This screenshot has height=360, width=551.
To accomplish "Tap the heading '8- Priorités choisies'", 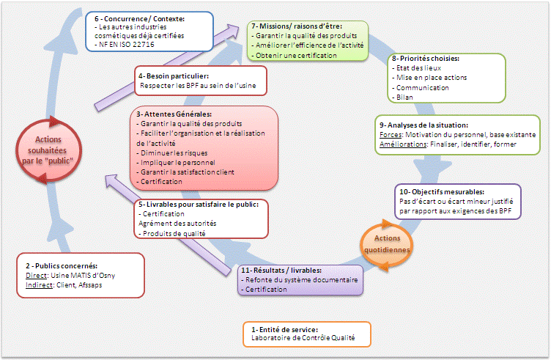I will tap(426, 58).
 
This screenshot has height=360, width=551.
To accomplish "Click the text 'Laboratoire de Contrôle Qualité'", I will tap(302, 338).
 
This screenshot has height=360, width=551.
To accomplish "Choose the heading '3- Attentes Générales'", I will tap(174, 114).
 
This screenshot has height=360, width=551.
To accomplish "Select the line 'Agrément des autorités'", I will tap(177, 223).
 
